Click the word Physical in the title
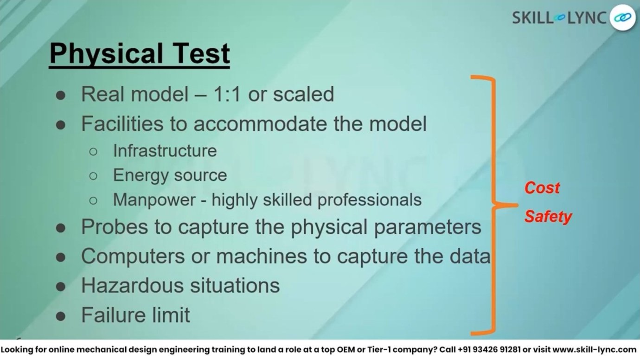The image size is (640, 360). click(106, 54)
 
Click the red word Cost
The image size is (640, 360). click(542, 188)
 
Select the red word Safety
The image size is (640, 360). click(548, 217)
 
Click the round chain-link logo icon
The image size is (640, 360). click(622, 18)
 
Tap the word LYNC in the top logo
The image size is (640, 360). click(587, 18)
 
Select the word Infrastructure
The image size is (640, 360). click(165, 151)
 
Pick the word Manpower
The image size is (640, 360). click(154, 199)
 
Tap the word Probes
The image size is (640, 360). click(115, 227)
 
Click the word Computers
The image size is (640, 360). click(133, 256)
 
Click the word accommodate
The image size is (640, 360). click(260, 124)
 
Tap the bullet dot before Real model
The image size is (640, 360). click(61, 96)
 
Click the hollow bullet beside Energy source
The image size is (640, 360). click(93, 176)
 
